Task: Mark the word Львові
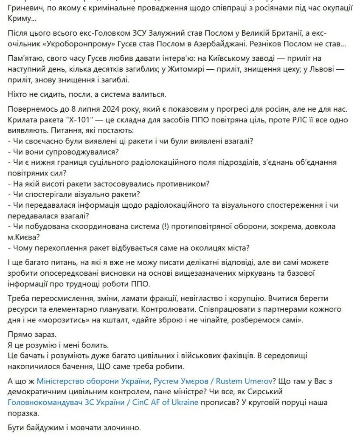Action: (x=318, y=69)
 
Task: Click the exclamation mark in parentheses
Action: (x=165, y=226)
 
